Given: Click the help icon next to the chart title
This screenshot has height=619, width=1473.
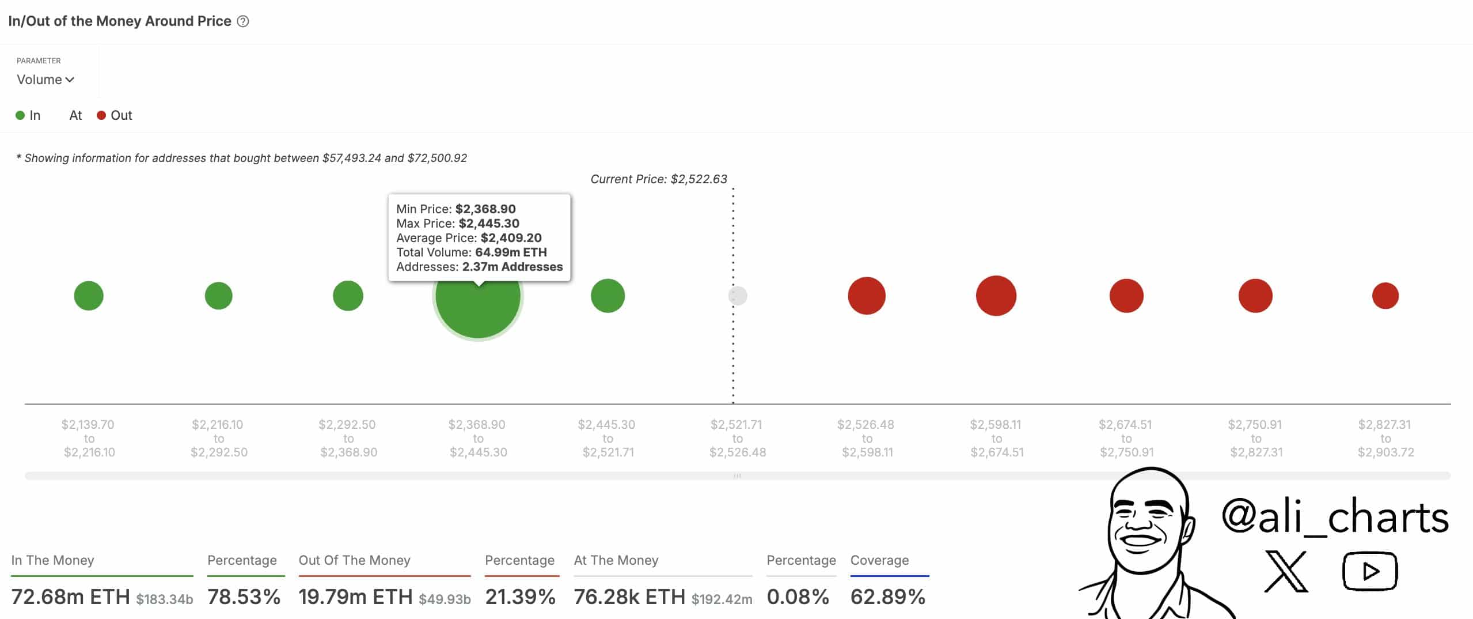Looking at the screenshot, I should tap(243, 21).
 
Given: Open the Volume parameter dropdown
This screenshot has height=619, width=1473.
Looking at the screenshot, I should tap(45, 80).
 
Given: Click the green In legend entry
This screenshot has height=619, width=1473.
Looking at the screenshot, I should tap(28, 115).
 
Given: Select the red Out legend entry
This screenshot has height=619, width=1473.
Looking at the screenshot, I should tap(115, 115).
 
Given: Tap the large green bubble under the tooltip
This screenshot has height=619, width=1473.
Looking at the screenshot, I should tap(477, 305).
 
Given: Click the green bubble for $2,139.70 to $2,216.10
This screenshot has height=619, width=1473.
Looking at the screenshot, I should tap(89, 296).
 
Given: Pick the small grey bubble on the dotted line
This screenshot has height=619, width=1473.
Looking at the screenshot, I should tap(738, 296).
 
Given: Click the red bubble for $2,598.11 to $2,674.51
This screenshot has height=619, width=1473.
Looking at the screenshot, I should tap(996, 296).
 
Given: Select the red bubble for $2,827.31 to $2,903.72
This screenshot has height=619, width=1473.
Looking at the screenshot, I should tap(1385, 296).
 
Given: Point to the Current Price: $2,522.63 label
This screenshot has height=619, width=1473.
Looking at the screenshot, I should tap(658, 179).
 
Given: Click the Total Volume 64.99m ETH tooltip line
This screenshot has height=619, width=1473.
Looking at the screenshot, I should tap(471, 252).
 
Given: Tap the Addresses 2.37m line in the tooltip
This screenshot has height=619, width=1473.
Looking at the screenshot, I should tap(479, 267).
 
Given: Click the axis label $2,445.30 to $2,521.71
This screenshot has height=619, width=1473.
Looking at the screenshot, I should tap(608, 438).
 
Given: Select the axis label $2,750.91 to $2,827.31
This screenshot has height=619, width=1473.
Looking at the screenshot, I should tap(1255, 438).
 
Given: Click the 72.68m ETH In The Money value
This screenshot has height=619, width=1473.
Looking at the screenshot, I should tap(70, 597).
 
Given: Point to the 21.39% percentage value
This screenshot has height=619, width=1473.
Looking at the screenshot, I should tap(520, 597).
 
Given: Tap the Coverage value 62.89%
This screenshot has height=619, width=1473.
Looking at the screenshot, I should tap(887, 597).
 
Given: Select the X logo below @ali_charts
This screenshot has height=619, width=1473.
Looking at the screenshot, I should tap(1285, 571).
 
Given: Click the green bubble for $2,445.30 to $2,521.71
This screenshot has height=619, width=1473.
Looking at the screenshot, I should tap(608, 296).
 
